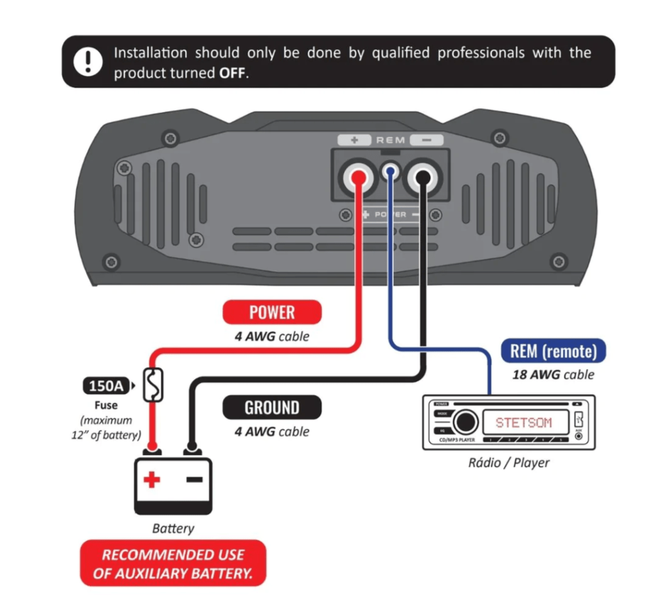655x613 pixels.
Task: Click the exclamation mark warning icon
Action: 84,62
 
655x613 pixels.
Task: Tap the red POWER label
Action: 272,313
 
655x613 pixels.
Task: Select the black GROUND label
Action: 272,408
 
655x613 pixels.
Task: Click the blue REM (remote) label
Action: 553,351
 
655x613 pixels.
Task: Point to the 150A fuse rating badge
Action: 107,386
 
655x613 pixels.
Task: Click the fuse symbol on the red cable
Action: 153,386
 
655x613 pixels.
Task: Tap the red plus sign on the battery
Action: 152,479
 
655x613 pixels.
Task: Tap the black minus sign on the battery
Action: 193,479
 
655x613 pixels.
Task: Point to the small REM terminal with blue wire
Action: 389,172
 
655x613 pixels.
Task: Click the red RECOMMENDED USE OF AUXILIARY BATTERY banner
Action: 173,563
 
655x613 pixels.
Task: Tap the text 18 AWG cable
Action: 553,374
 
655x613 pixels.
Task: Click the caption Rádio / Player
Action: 508,463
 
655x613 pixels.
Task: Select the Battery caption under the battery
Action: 173,528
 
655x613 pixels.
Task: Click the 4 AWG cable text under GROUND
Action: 271,432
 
